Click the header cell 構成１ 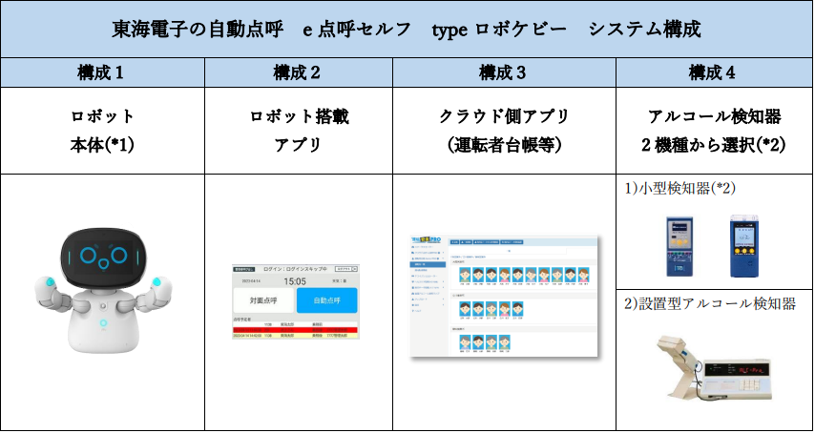(102, 72)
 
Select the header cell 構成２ (297, 72)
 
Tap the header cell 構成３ (503, 72)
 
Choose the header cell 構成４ (713, 72)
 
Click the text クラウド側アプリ (503, 117)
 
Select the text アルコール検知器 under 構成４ (714, 117)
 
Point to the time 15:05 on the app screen (296, 281)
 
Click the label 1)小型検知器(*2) (680, 188)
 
